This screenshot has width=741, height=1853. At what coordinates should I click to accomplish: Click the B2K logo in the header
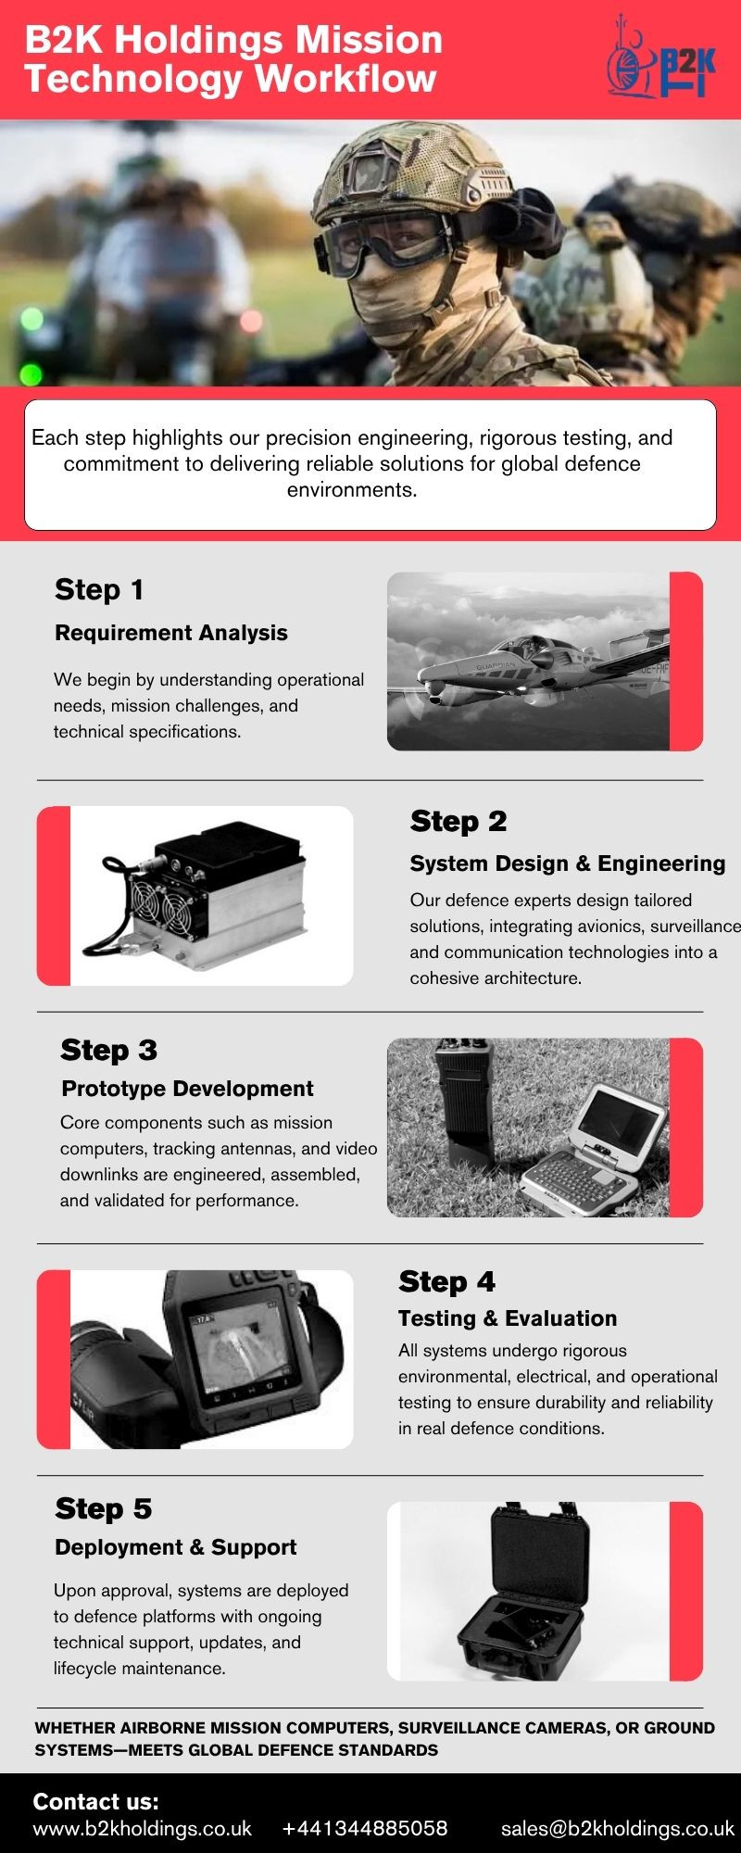pyautogui.click(x=661, y=57)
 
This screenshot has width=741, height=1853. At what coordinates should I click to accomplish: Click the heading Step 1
pyautogui.click(x=99, y=589)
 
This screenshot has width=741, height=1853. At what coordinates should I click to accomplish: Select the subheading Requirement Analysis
pyautogui.click(x=171, y=633)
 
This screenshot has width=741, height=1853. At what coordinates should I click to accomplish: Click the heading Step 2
pyautogui.click(x=458, y=821)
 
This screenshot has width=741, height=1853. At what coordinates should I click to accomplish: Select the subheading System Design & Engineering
pyautogui.click(x=568, y=863)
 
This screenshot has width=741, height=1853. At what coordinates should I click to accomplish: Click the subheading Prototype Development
pyautogui.click(x=187, y=1089)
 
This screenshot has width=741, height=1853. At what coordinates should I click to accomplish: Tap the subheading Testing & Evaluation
pyautogui.click(x=508, y=1318)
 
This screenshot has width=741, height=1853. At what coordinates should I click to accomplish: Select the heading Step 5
pyautogui.click(x=104, y=1508)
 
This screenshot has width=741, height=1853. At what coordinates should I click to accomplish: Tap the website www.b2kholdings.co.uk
pyautogui.click(x=143, y=1828)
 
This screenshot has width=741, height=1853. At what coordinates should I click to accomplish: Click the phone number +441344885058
pyautogui.click(x=365, y=1828)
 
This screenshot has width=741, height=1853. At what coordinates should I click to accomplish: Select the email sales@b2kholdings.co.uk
pyautogui.click(x=618, y=1828)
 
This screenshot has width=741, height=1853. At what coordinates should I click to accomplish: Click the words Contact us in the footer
pyautogui.click(x=96, y=1801)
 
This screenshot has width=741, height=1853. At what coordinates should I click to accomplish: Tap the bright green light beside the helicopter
pyautogui.click(x=31, y=375)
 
